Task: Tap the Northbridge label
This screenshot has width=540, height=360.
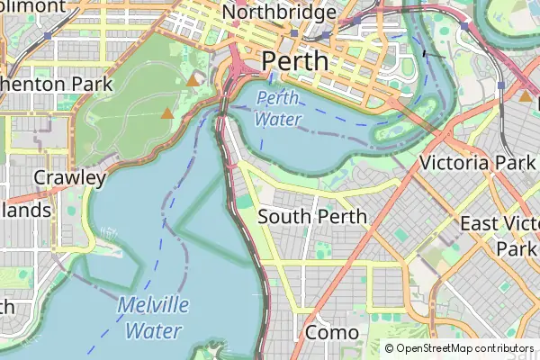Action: (x=279, y=13)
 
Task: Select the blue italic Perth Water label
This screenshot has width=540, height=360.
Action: (x=278, y=108)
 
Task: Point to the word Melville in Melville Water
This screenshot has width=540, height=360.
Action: (x=153, y=305)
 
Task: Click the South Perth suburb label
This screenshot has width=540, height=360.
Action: (x=312, y=217)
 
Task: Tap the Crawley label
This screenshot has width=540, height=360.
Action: (x=69, y=177)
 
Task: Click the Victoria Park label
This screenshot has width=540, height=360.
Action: (x=479, y=163)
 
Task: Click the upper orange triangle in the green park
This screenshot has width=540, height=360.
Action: (x=193, y=81)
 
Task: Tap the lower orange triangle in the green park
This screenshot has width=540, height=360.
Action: (x=166, y=113)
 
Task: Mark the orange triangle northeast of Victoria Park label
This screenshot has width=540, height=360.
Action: (x=525, y=95)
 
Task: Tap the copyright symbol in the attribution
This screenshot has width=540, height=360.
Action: (x=390, y=348)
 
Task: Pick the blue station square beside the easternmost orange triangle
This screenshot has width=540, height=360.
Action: (x=500, y=85)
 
